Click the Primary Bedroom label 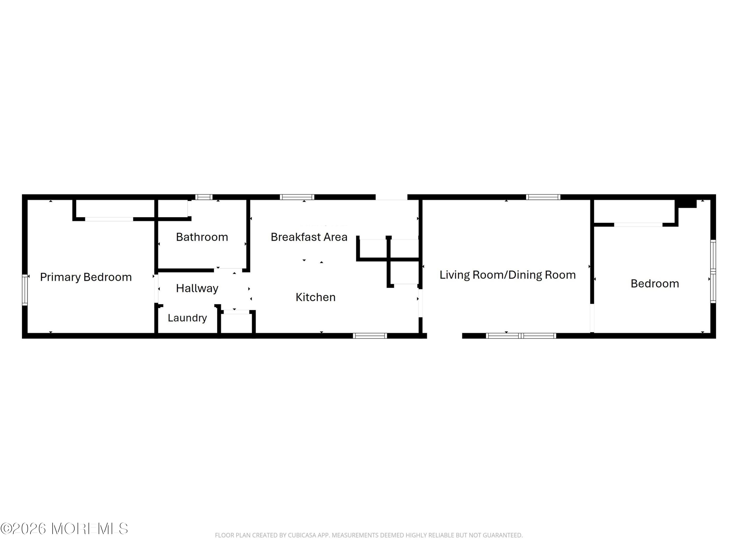[x=86, y=277]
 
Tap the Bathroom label [x=202, y=237]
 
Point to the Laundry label [x=187, y=318]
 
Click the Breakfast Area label [x=309, y=237]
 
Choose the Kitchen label [x=316, y=297]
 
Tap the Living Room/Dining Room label [x=507, y=275]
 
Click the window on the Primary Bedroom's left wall [x=25, y=290]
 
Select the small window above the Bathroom [x=204, y=197]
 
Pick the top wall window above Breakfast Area [x=297, y=197]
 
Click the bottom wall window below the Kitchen [x=370, y=336]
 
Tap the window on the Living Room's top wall [x=543, y=197]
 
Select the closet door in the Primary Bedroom [x=109, y=219]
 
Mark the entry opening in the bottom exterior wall [x=445, y=336]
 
